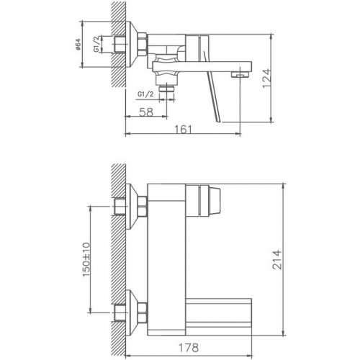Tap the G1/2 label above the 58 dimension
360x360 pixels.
(x=144, y=94)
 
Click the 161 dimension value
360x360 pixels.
(x=185, y=130)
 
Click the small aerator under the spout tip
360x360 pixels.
(x=238, y=74)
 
